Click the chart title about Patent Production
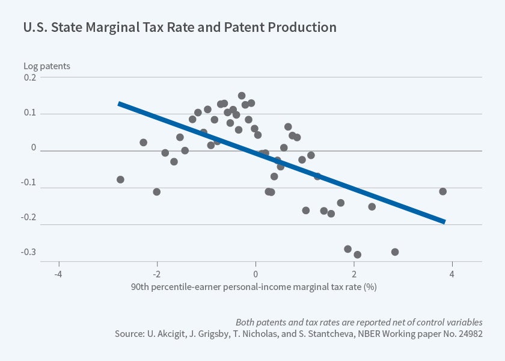click(180, 28)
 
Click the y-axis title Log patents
click(47, 66)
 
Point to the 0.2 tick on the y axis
click(31, 77)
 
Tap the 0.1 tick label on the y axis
click(31, 114)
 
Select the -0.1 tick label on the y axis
click(29, 188)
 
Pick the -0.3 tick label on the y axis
click(29, 252)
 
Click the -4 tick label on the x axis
click(58, 272)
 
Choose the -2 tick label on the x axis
click(157, 272)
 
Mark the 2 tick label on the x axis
click(353, 272)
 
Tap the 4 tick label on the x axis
click(451, 272)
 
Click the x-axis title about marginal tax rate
click(253, 286)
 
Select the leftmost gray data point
click(120, 179)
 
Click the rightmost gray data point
click(442, 191)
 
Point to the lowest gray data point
click(357, 255)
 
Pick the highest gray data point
click(242, 96)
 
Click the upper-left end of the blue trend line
click(119, 103)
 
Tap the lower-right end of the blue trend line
click(444, 221)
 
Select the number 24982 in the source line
click(470, 333)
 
